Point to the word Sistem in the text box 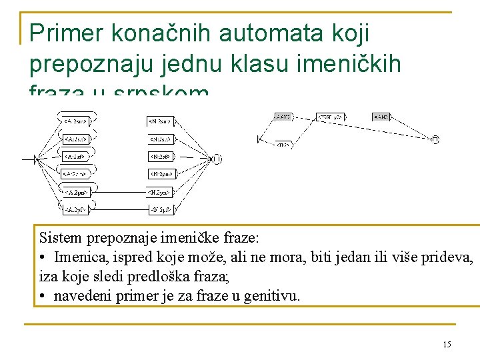coord(59,237)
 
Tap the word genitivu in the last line coord(273,295)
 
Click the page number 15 coord(447,345)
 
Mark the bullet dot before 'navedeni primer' coord(42,295)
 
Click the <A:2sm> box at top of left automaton coord(75,121)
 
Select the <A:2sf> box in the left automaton coord(75,157)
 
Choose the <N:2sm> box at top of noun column coord(161,121)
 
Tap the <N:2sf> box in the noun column coord(161,157)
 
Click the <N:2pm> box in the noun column coord(161,174)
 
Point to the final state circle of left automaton coord(217,159)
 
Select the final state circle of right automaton coord(435,139)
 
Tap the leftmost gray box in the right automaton coord(283,117)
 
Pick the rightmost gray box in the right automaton coord(381,117)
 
